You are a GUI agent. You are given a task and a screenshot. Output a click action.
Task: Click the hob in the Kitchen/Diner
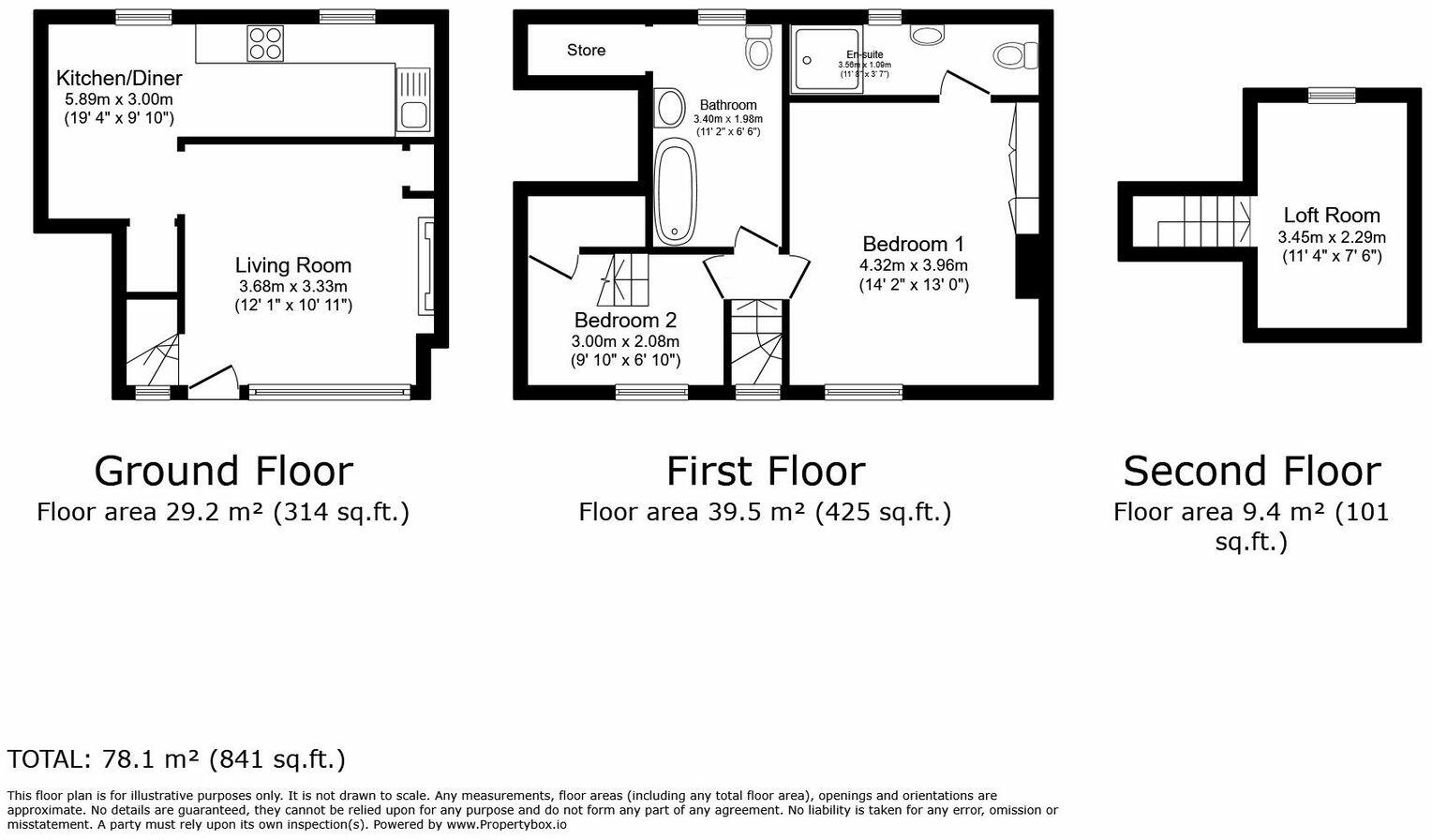(x=265, y=43)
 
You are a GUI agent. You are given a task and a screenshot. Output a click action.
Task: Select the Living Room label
(x=292, y=265)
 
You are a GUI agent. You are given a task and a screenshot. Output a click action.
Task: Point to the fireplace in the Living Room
(x=427, y=266)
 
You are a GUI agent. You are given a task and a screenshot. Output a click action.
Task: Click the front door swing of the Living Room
(x=212, y=379)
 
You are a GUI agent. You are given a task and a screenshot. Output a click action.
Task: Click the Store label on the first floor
(x=586, y=50)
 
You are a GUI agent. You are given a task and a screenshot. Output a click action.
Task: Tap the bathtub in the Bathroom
(x=675, y=191)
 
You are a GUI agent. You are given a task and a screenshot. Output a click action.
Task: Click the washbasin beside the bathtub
(x=669, y=108)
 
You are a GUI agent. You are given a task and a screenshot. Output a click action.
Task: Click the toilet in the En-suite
(x=1014, y=55)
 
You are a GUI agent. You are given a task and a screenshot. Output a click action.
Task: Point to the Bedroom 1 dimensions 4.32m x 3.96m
(x=913, y=265)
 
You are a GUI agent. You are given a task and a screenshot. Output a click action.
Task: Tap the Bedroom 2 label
(x=625, y=320)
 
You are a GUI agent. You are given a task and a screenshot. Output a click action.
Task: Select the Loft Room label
(x=1331, y=215)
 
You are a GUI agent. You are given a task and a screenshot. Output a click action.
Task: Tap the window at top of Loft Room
(x=1332, y=95)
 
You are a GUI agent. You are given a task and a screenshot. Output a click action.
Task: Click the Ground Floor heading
(x=223, y=471)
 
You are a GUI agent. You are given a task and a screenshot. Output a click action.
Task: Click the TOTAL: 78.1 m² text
(x=176, y=758)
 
